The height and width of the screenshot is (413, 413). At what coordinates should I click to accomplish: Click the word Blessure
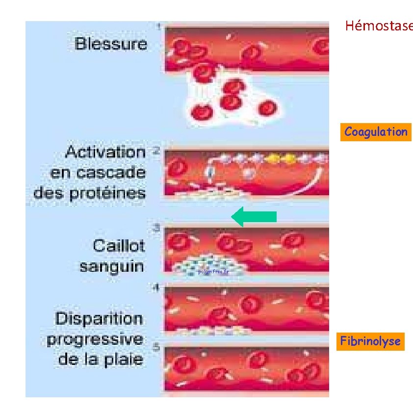click(x=111, y=44)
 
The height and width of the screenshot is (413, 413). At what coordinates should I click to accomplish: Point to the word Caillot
click(x=119, y=245)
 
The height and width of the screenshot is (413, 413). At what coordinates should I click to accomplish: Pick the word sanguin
click(x=112, y=266)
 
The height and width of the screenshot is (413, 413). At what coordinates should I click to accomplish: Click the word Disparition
click(x=99, y=319)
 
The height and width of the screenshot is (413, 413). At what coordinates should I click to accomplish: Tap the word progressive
click(x=95, y=339)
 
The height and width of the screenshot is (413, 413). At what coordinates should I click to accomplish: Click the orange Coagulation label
click(x=376, y=132)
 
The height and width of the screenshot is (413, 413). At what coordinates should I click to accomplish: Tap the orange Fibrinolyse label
click(x=370, y=341)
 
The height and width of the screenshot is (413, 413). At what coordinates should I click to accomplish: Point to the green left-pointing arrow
click(x=254, y=217)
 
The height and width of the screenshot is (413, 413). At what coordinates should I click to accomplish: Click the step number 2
click(x=156, y=150)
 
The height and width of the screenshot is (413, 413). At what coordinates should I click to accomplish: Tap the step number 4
click(x=156, y=288)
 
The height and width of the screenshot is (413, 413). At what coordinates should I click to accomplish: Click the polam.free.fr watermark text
click(x=212, y=271)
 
